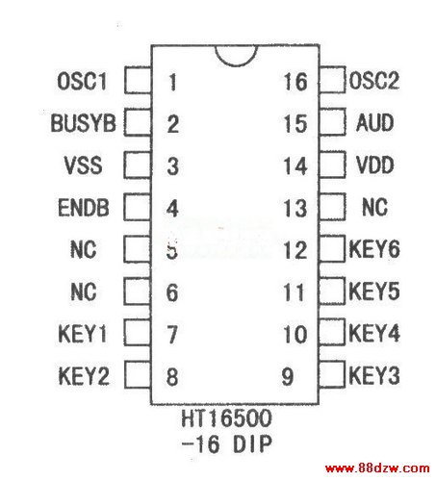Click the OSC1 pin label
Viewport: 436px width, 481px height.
tap(82, 81)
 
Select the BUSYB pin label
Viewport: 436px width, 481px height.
tap(83, 123)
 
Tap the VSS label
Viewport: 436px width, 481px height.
tap(83, 165)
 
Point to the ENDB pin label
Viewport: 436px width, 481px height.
tap(84, 208)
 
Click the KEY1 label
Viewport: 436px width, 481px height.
tap(83, 334)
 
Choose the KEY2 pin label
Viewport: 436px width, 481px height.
tap(84, 376)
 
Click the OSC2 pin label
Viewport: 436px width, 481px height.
tap(374, 80)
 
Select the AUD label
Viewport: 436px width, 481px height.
tap(374, 122)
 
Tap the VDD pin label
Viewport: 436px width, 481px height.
tap(374, 165)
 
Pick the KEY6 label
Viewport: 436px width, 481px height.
tap(374, 249)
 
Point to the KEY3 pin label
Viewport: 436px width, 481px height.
tap(374, 375)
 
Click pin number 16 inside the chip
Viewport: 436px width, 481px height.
tap(295, 82)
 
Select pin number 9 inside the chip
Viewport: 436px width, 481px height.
tap(288, 376)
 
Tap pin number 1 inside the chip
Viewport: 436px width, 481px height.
tap(172, 82)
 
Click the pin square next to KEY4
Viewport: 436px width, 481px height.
tap(332, 332)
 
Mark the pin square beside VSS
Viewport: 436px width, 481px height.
tap(138, 165)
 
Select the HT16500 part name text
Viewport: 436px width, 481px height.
tap(226, 418)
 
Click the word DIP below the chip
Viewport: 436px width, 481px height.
tap(252, 444)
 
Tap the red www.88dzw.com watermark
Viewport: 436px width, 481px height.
tap(377, 468)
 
